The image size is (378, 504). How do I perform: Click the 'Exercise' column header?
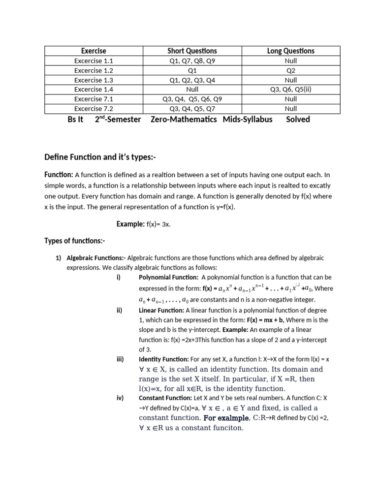(x=94, y=51)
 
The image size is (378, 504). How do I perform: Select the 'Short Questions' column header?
(x=192, y=51)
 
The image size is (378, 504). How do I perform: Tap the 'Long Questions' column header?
(x=290, y=51)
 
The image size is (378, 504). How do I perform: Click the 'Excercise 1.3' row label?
(x=94, y=80)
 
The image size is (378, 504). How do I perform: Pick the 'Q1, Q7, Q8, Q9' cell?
(x=192, y=61)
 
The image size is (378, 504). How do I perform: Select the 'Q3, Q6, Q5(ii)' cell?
(x=290, y=90)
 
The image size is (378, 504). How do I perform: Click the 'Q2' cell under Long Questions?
(x=290, y=70)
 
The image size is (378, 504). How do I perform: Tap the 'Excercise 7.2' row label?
(x=94, y=109)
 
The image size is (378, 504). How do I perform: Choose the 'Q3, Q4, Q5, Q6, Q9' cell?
(x=192, y=99)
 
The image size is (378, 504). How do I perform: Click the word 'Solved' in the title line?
(x=298, y=119)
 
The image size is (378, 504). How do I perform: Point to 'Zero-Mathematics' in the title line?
(x=184, y=119)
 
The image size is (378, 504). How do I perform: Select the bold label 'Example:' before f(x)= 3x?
(x=130, y=224)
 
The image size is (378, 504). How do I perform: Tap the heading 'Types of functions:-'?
(x=75, y=241)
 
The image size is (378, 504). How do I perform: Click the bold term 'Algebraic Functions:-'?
(x=96, y=258)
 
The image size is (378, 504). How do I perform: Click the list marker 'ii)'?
(x=119, y=311)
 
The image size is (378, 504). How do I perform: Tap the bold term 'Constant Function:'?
(x=164, y=398)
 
